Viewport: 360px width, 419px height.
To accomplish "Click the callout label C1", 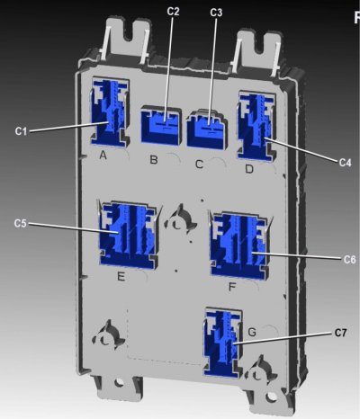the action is pos(21,131).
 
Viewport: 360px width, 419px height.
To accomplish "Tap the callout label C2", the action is pos(173,11).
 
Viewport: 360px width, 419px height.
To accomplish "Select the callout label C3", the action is pos(216,13).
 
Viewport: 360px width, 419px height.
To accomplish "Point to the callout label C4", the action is pos(345,163).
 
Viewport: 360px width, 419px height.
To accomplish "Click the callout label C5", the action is pos(21,224).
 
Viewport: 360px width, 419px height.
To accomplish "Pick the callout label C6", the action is pos(349,259).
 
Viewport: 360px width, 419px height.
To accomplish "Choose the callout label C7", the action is pos(340,333).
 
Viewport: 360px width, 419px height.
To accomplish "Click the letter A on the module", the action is pos(103,156).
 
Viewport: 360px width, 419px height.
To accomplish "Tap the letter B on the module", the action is pos(154,159).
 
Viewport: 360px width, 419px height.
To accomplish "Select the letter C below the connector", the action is pos(199,165).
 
